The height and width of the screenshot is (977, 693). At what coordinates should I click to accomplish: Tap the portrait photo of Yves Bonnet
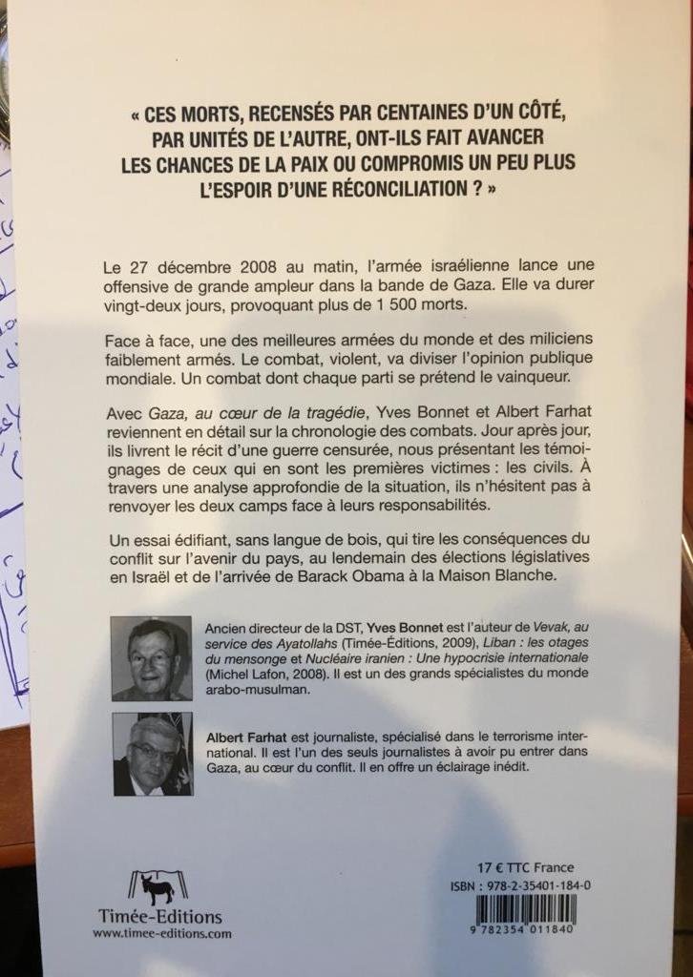click(151, 658)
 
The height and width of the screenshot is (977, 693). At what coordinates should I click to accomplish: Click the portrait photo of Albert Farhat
click(152, 754)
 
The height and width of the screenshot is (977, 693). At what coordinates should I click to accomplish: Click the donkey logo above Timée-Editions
click(157, 887)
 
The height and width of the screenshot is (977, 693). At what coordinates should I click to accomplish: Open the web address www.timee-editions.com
click(161, 934)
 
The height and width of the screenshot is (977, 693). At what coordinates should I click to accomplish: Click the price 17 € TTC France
click(525, 867)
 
